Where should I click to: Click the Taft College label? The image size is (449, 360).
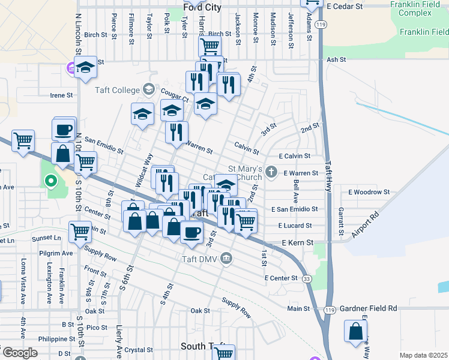[x=116, y=91]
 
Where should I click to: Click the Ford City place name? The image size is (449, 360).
[x=202, y=8]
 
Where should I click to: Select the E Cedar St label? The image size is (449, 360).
[x=345, y=5]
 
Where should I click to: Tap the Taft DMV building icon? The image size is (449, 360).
[x=226, y=259]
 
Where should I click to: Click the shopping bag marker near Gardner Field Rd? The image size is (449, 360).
[x=355, y=331]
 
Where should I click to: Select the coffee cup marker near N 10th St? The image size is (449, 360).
[x=64, y=129]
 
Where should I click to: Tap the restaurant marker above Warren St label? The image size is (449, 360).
[x=176, y=132]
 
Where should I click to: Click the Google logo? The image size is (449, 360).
[x=19, y=353]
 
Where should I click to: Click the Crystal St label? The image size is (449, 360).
[x=139, y=350]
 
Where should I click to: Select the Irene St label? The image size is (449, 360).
[x=61, y=95]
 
